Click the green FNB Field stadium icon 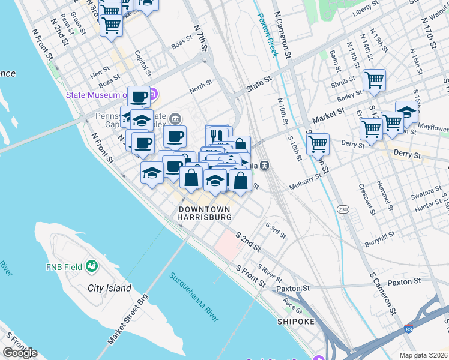92,265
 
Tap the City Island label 109,288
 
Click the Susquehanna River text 194,298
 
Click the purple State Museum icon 152,94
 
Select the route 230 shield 343,209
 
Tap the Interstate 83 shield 409,329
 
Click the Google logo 20,353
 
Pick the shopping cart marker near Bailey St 374,80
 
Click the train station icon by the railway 264,166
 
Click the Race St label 293,305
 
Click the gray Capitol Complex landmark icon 175,118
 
